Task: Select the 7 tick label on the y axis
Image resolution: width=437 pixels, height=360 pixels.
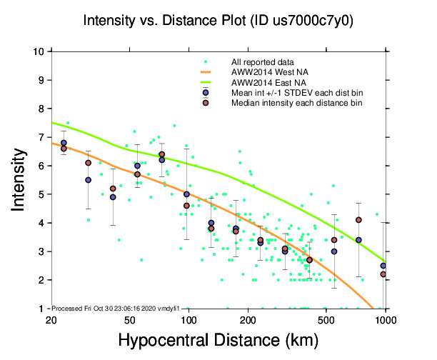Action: [41, 137]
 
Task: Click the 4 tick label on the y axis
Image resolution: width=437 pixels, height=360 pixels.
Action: [41, 223]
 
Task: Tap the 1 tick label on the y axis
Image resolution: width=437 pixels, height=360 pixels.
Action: [41, 309]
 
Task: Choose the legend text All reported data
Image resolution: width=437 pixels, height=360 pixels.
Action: [262, 62]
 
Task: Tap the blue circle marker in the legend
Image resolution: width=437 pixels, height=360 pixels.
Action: [206, 93]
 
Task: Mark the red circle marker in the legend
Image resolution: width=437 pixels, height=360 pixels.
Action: [206, 103]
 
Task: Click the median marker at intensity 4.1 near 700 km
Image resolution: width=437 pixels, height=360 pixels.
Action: [358, 220]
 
